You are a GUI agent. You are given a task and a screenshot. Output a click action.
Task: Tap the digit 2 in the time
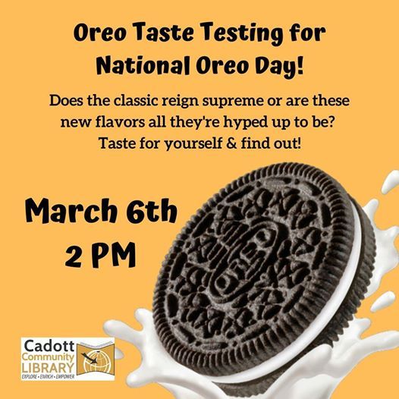pos(74,255)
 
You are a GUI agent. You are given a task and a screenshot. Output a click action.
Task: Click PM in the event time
pos(113,255)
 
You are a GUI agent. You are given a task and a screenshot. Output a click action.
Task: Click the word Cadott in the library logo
pos(49,346)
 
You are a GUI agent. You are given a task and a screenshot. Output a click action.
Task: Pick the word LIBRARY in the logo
pos(48,368)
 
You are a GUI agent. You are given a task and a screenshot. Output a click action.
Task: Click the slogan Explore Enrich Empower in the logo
pos(49,376)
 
